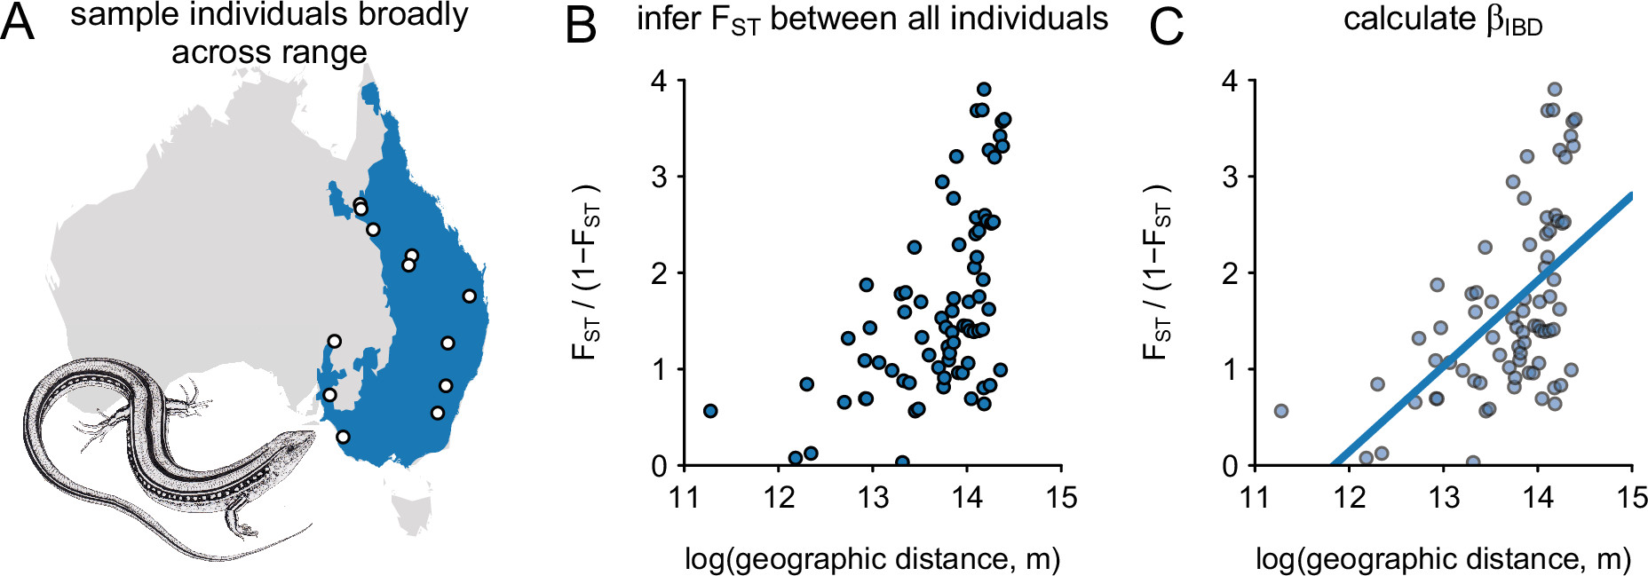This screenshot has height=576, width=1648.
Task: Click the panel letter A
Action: pyautogui.click(x=17, y=24)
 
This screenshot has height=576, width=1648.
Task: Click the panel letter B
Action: pyautogui.click(x=580, y=26)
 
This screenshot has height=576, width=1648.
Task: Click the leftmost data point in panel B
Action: pyautogui.click(x=710, y=411)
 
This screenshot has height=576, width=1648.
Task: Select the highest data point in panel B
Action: pyautogui.click(x=984, y=90)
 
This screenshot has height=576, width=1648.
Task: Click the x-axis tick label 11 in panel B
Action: pyautogui.click(x=685, y=497)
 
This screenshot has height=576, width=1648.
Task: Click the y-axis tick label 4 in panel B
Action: pyautogui.click(x=658, y=81)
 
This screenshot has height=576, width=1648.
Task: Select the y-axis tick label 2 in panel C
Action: pyautogui.click(x=1229, y=273)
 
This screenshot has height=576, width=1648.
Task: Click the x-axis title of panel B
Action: pyautogui.click(x=872, y=559)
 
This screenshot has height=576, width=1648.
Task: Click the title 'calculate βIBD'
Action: pyautogui.click(x=1442, y=20)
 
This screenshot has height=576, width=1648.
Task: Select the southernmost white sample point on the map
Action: pyautogui.click(x=343, y=437)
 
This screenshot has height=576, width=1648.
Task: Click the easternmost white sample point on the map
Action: pyautogui.click(x=469, y=296)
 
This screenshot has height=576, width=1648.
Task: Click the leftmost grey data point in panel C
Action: pyautogui.click(x=1280, y=411)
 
